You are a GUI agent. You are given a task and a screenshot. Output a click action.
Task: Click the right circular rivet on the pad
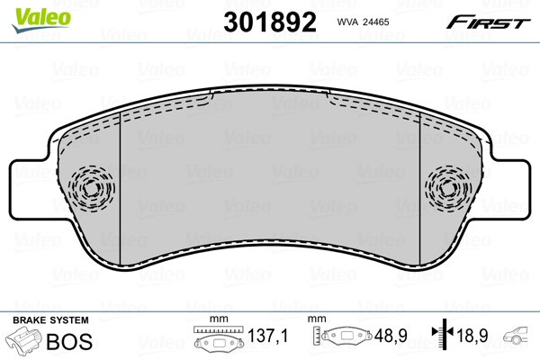point(447,190)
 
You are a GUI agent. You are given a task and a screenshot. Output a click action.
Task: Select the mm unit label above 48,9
point(317,320)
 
